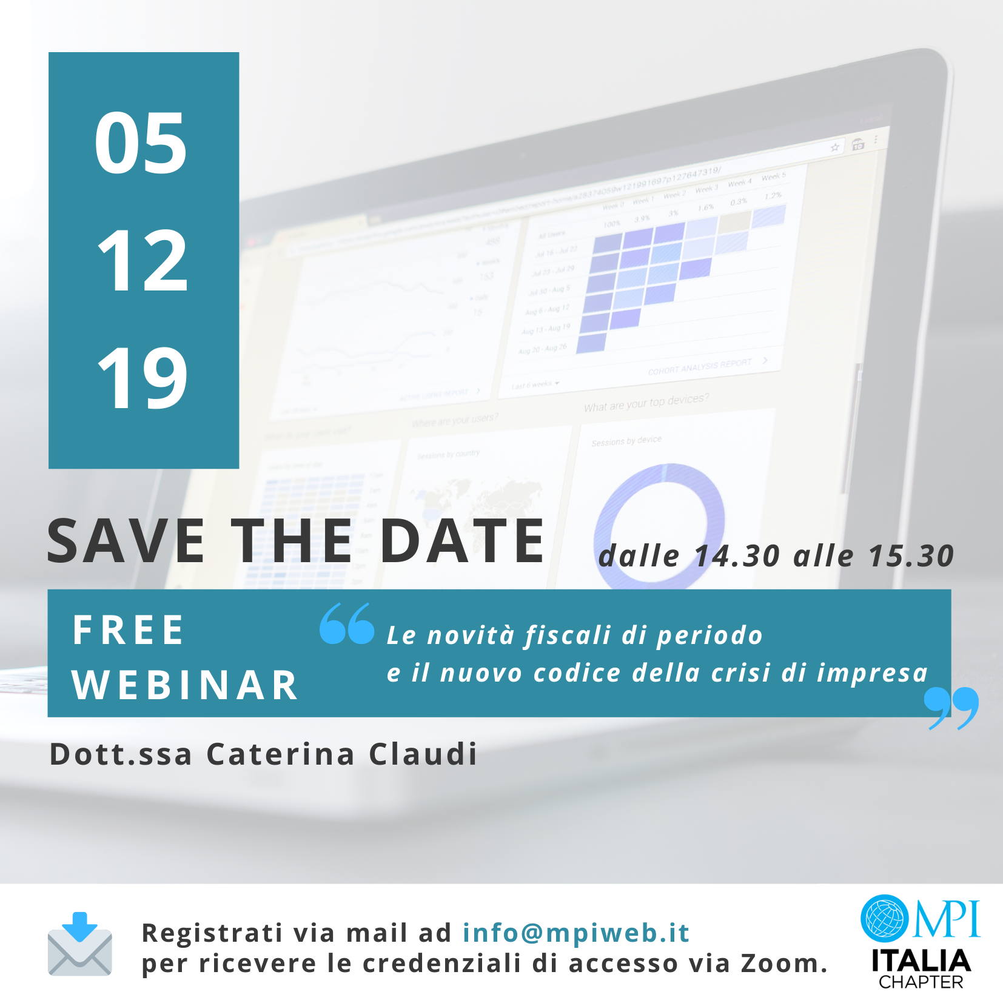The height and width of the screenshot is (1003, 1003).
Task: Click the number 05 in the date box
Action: tap(141, 144)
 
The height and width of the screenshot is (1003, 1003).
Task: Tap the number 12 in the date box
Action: tap(143, 261)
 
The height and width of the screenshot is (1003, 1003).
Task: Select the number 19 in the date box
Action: tap(143, 379)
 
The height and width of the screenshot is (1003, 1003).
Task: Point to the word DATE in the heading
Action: tap(462, 541)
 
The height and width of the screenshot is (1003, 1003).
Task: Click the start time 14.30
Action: tap(737, 556)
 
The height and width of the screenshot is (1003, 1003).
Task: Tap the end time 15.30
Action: tap(911, 556)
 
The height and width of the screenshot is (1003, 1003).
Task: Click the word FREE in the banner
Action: tap(128, 630)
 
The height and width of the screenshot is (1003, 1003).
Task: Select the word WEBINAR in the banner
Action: tap(185, 685)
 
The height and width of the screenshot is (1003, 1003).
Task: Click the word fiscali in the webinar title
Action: tap(568, 635)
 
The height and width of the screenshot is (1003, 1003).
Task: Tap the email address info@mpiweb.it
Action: tap(575, 933)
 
